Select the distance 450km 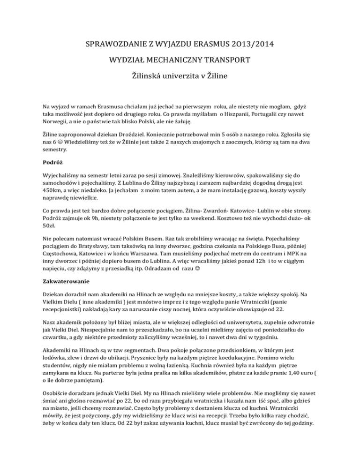click(53, 190)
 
